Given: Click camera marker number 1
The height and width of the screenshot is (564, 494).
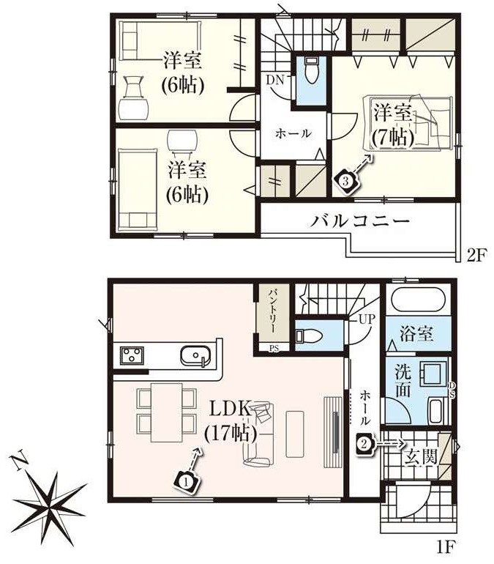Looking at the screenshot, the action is (x=186, y=480).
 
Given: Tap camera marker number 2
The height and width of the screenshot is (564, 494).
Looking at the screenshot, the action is (x=364, y=443).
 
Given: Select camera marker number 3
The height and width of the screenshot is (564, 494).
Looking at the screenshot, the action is (x=346, y=182).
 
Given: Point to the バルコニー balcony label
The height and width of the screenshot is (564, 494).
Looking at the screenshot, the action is (x=360, y=220).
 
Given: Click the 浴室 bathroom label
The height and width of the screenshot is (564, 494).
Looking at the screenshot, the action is (x=416, y=334).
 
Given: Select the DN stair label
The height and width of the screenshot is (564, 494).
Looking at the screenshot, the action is (x=275, y=80).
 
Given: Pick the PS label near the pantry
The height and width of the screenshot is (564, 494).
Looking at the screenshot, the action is (x=274, y=348).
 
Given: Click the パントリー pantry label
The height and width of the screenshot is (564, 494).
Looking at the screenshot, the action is (x=273, y=311).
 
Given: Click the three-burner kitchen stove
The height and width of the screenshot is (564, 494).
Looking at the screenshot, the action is (x=132, y=355).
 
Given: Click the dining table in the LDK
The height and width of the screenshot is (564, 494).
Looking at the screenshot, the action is (x=166, y=412).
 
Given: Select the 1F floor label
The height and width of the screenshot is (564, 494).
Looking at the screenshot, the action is (x=446, y=547).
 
